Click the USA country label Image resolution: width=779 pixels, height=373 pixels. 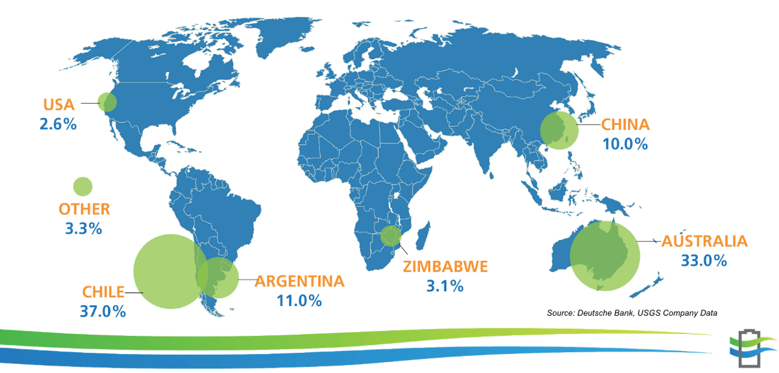pyautogui.click(x=59, y=104)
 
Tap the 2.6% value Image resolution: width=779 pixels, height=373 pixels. pyautogui.click(x=58, y=123)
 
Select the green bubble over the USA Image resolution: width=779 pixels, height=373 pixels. pyautogui.click(x=107, y=102)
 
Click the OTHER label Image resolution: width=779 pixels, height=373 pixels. pyautogui.click(x=84, y=209)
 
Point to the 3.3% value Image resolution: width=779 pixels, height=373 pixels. pyautogui.click(x=84, y=228)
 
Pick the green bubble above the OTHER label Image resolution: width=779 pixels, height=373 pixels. pyautogui.click(x=82, y=187)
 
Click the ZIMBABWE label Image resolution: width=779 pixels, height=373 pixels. pyautogui.click(x=445, y=266)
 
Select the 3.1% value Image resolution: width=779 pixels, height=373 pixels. pyautogui.click(x=445, y=285)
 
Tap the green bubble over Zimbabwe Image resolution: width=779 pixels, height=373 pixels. pyautogui.click(x=391, y=236)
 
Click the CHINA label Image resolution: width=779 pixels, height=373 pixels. pyautogui.click(x=625, y=124)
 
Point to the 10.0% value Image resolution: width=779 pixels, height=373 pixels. pyautogui.click(x=625, y=143)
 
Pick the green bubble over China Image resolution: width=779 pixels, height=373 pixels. pyautogui.click(x=559, y=130)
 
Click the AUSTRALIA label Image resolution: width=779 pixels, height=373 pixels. pyautogui.click(x=704, y=241)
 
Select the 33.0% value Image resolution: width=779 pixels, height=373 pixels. pyautogui.click(x=704, y=261)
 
